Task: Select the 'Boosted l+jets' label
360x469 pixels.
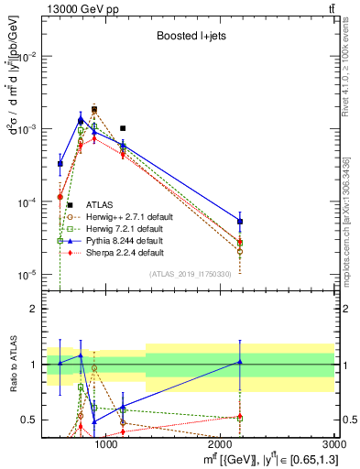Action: click(184, 35)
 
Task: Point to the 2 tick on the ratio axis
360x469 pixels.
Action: click(37, 309)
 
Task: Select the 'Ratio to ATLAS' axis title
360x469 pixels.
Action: click(11, 364)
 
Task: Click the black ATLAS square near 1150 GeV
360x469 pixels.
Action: click(123, 128)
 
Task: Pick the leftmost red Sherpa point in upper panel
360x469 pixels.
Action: click(60, 197)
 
